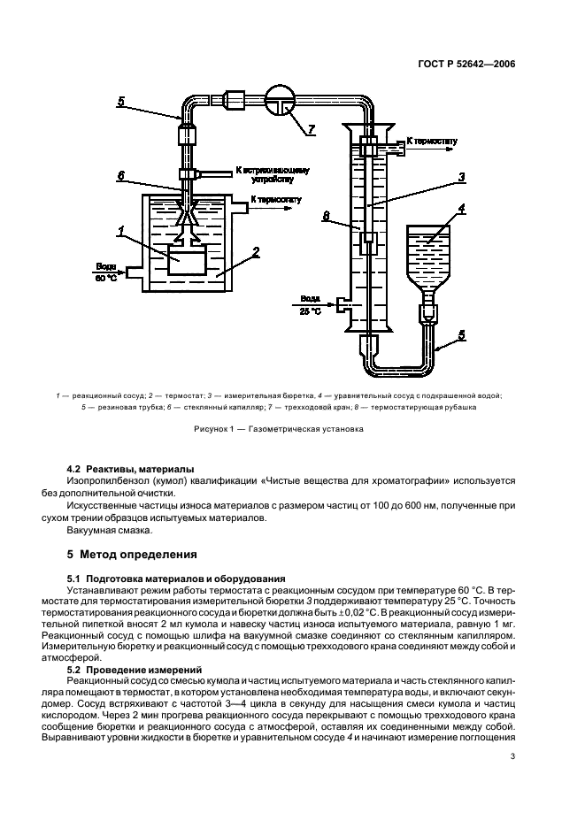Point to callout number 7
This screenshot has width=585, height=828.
[312, 131]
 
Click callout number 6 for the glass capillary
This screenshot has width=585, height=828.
[122, 176]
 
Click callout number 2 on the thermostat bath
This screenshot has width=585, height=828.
[256, 252]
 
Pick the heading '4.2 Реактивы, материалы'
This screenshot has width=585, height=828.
[133, 468]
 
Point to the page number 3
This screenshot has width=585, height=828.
[512, 755]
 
